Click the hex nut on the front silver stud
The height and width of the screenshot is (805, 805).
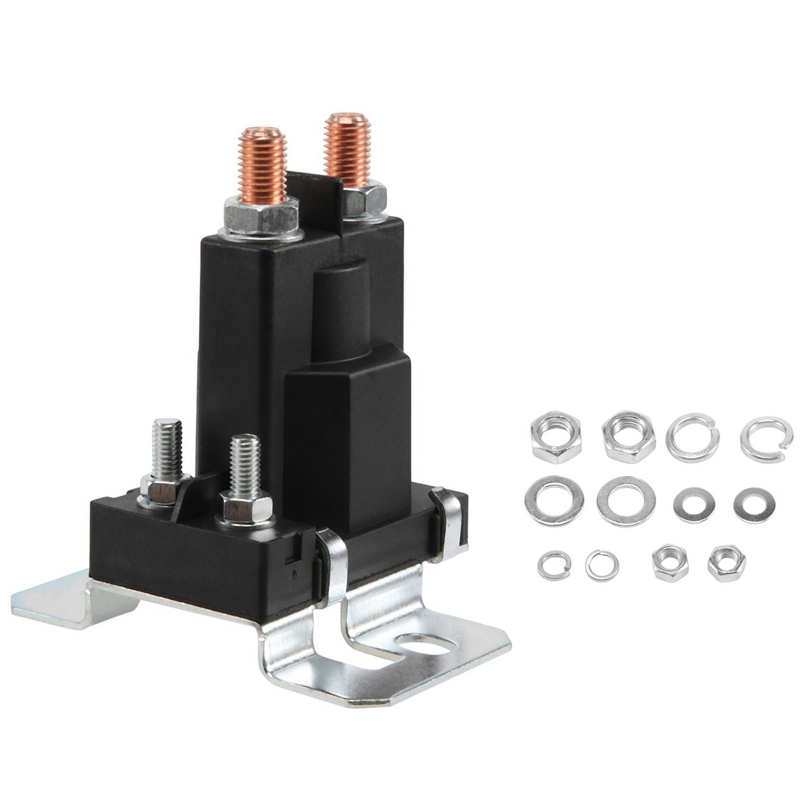(x=247, y=509)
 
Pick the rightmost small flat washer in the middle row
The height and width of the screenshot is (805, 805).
(x=754, y=505)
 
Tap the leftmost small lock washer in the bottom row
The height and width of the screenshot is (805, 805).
(x=554, y=565)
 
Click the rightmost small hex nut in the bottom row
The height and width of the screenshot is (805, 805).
(x=726, y=563)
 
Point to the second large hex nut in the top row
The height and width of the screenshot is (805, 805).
(x=629, y=437)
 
